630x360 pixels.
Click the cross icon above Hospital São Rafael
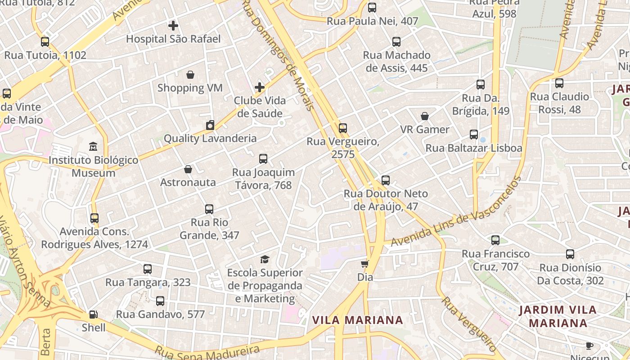(x=173, y=26)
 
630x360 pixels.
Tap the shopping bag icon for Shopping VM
(x=190, y=75)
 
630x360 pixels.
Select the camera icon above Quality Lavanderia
(x=210, y=125)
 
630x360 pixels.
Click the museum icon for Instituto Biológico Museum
(x=93, y=147)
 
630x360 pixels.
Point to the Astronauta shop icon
(x=188, y=169)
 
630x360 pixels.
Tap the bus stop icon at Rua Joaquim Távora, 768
(x=263, y=159)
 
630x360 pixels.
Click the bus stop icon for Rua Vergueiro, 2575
(x=343, y=128)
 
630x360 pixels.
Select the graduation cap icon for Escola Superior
(x=265, y=259)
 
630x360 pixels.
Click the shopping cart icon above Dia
(x=365, y=264)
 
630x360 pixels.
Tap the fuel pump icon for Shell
(x=94, y=315)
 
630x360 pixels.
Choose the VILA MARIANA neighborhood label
(x=358, y=320)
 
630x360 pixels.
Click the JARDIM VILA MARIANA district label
(x=558, y=316)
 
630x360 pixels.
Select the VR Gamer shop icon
(x=425, y=116)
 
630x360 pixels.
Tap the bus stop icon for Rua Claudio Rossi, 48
(x=559, y=83)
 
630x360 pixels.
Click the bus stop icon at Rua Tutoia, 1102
(x=45, y=42)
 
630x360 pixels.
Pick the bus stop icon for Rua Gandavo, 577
(x=160, y=301)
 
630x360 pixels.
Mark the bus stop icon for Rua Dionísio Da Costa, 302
(x=570, y=254)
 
